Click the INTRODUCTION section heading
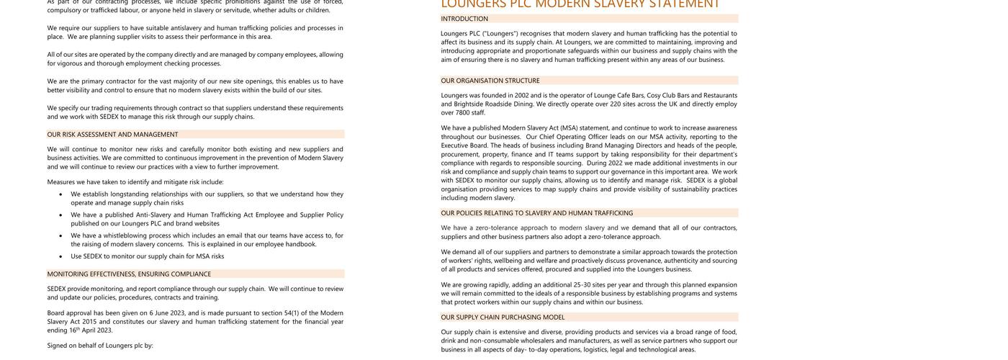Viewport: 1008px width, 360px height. pos(464,19)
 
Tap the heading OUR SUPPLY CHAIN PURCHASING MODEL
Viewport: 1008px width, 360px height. pos(503,318)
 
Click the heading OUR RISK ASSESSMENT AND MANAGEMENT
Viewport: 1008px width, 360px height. pos(112,135)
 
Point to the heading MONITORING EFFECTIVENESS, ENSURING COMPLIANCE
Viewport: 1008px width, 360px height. pos(129,274)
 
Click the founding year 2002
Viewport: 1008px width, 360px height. pos(521,95)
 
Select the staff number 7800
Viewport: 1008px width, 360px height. pos(462,112)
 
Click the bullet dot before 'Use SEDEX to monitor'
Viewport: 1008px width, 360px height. pos(59,256)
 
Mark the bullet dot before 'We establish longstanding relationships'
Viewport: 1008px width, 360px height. pos(59,194)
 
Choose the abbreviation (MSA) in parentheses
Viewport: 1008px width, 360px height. pos(569,128)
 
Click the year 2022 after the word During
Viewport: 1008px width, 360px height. pos(615,163)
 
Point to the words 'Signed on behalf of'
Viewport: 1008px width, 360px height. pos(75,346)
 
